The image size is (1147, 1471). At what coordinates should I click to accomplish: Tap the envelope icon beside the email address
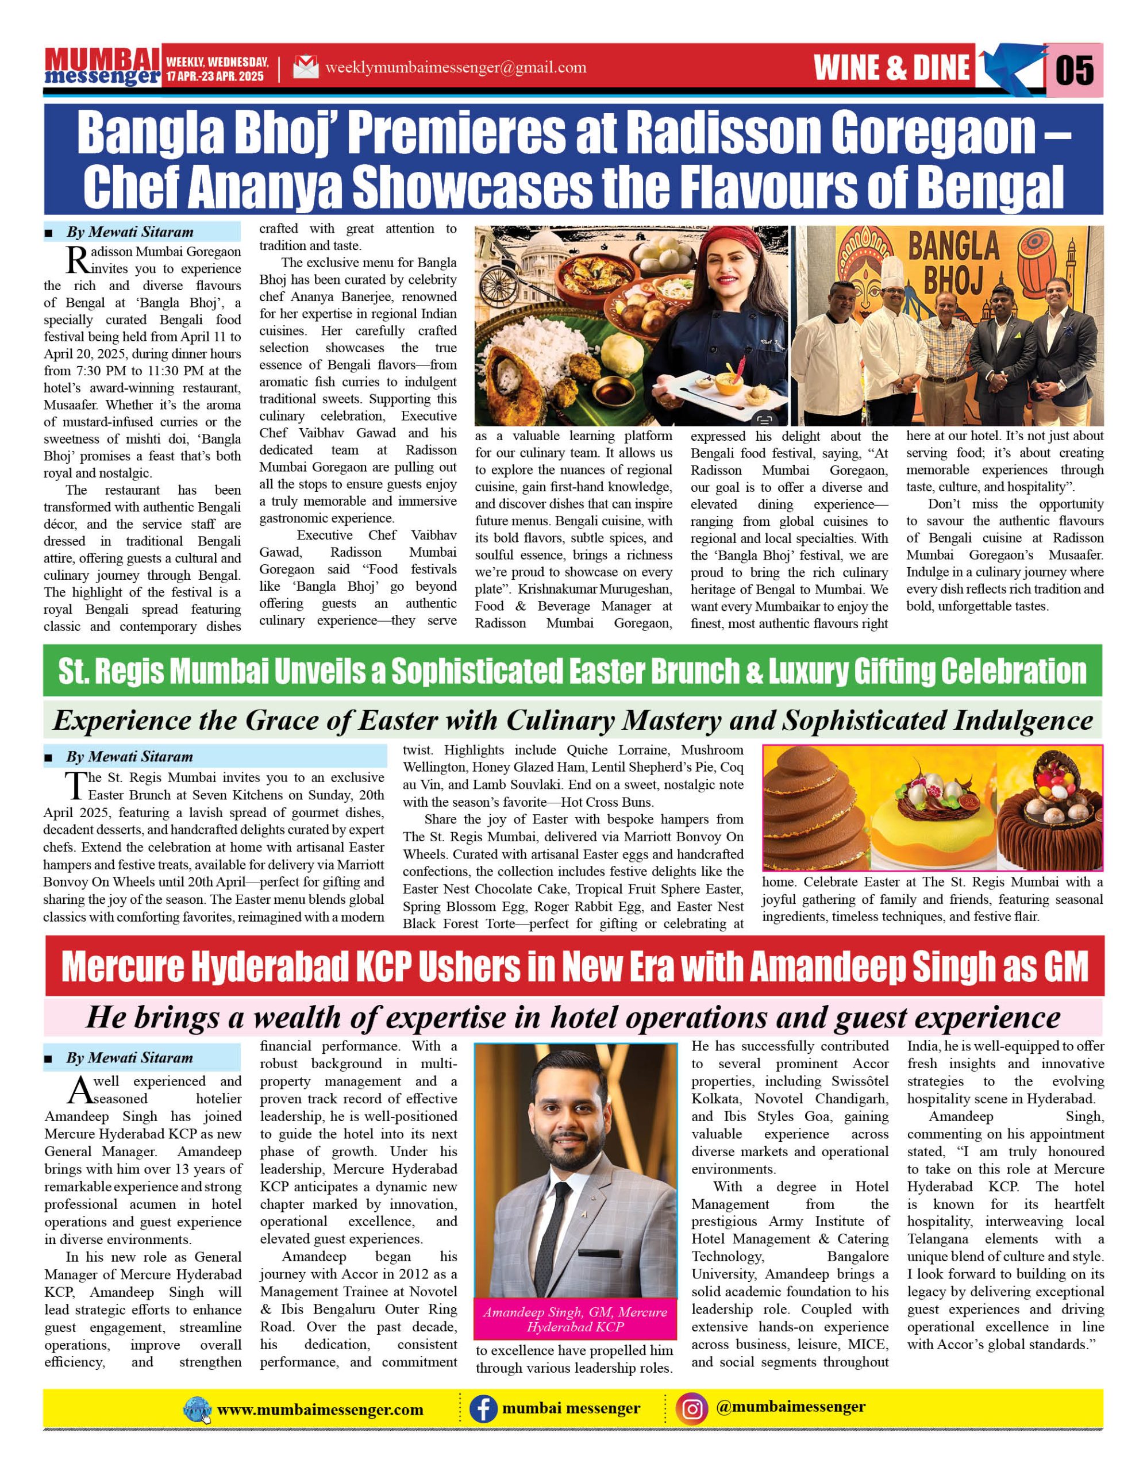click(306, 67)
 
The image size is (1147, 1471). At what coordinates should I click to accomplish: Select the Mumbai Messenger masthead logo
click(102, 67)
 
